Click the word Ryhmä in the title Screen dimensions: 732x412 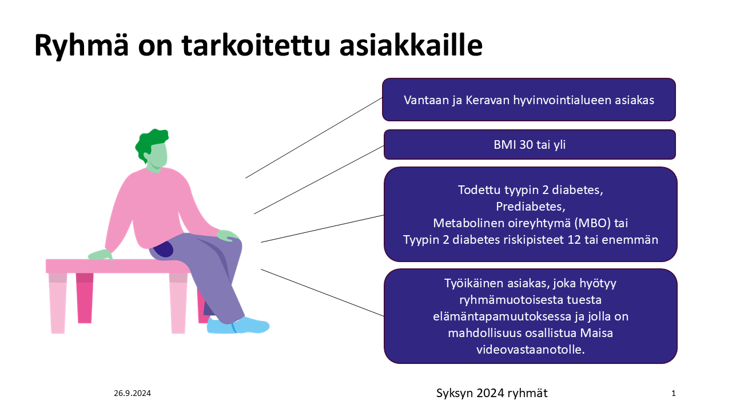81,46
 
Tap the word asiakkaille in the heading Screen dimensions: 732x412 411,45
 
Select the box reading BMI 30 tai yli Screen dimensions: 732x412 530,145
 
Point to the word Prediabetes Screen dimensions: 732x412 530,207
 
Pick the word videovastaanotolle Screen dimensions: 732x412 530,350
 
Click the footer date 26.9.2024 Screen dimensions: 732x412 132,393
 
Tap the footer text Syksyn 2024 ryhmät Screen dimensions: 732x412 492,393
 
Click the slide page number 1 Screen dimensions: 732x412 674,393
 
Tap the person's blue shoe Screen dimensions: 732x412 238,326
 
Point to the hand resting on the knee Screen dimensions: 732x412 228,235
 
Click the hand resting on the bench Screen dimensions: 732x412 101,255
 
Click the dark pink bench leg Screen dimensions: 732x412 85,298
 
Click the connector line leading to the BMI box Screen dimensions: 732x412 319,180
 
